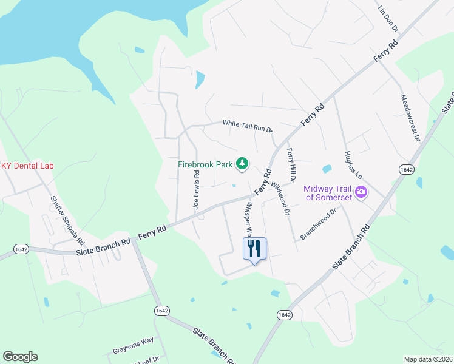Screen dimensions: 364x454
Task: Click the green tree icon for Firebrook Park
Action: (x=243, y=163)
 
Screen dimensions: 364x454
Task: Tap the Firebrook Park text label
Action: (x=206, y=164)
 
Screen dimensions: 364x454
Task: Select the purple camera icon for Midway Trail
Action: (x=362, y=192)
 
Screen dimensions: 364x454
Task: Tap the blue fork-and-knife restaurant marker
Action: (x=254, y=249)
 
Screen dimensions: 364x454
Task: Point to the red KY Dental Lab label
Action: (x=27, y=166)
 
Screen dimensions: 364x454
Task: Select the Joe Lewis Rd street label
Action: (x=196, y=190)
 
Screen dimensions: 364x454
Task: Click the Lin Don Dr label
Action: (x=387, y=19)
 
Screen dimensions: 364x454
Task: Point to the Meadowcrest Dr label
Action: (x=410, y=118)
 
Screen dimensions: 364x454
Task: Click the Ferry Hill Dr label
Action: (x=290, y=166)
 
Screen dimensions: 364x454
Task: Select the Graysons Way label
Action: (x=133, y=346)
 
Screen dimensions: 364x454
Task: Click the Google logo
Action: (x=20, y=357)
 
